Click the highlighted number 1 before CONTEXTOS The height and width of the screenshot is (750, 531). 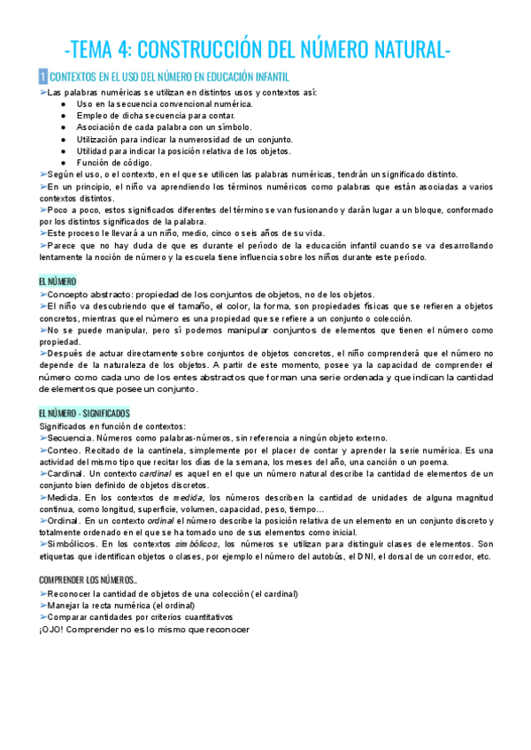(42, 78)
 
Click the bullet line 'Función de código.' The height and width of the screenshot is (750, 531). (114, 162)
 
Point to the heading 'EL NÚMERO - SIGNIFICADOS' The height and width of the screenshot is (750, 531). (84, 413)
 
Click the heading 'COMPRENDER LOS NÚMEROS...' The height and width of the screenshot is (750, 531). (88, 578)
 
